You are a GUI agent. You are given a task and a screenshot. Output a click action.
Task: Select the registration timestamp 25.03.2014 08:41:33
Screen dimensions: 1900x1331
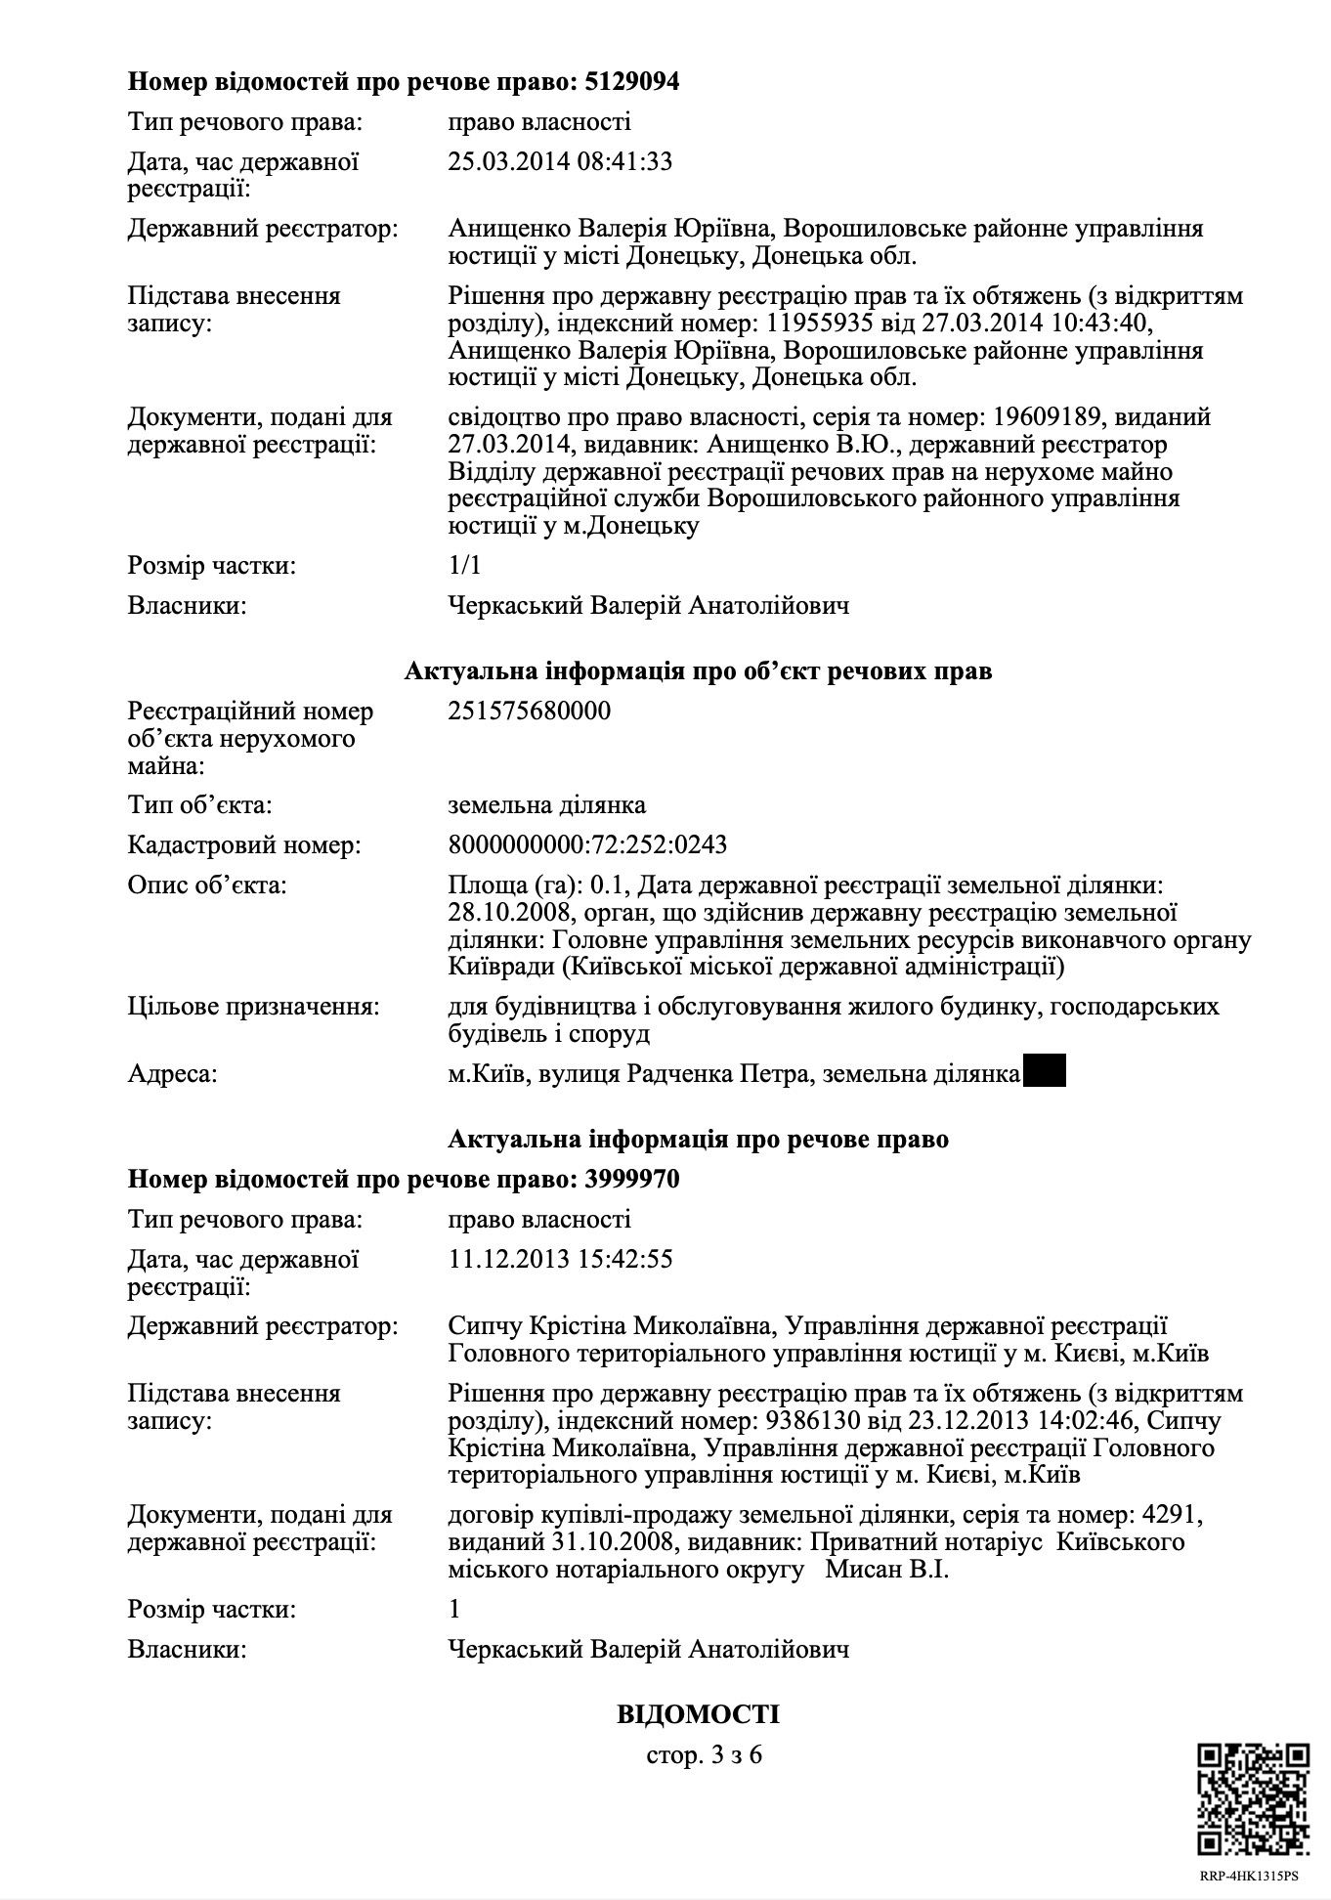pos(560,161)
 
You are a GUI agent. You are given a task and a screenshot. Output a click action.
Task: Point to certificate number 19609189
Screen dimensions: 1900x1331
pos(1049,417)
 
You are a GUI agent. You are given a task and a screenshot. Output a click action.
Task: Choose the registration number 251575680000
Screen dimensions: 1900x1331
pos(529,711)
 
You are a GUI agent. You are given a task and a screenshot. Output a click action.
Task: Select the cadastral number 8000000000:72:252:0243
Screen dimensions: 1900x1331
pos(587,844)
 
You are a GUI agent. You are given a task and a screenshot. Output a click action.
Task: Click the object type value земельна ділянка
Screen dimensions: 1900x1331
pos(546,805)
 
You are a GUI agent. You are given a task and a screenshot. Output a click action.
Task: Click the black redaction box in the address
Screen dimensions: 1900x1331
pos(1044,1072)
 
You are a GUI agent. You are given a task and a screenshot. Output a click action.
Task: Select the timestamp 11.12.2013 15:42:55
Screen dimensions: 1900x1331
pos(560,1259)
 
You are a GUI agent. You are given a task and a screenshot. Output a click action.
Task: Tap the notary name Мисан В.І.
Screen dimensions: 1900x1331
pos(886,1570)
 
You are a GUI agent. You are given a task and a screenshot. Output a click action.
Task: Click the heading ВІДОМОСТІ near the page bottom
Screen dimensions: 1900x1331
pos(698,1714)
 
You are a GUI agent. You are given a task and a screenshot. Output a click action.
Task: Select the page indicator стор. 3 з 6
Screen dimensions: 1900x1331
pos(704,1754)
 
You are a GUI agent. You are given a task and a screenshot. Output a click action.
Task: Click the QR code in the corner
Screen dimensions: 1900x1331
pos(1254,1799)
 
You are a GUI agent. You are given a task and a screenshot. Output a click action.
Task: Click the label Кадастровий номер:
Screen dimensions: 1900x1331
pos(244,844)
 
